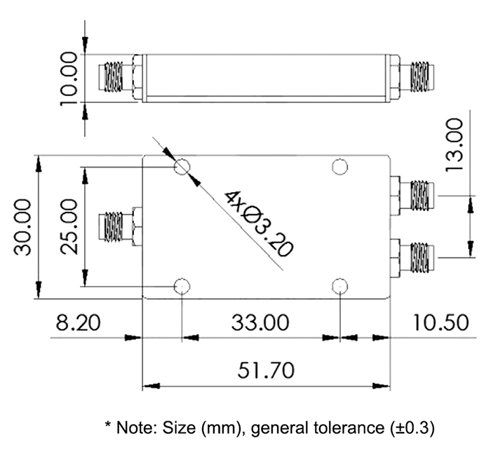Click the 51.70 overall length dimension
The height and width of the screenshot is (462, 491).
tap(267, 369)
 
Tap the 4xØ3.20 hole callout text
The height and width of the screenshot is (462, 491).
tap(259, 222)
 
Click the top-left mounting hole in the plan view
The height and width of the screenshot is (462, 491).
tap(182, 167)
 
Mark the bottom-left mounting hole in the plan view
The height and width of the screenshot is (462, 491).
tap(182, 285)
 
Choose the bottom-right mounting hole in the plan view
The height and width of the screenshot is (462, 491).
tap(340, 285)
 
